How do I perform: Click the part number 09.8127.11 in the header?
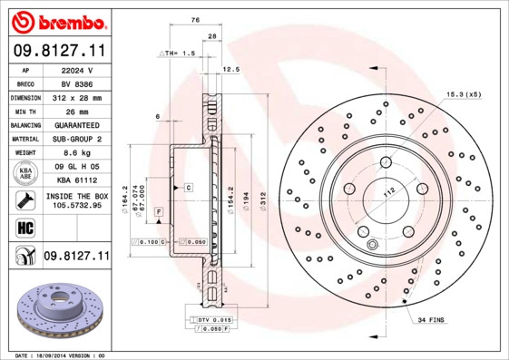click(x=58, y=52)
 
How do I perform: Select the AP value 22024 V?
click(x=76, y=70)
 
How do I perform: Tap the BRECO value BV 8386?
click(x=76, y=83)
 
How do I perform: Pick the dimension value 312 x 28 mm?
click(x=76, y=96)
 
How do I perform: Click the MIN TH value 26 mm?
click(x=76, y=111)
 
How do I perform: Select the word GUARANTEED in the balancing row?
click(x=76, y=124)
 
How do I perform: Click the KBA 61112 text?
click(x=76, y=180)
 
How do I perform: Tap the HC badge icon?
click(x=24, y=228)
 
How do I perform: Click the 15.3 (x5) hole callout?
click(x=461, y=93)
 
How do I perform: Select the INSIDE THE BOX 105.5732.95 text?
click(x=76, y=200)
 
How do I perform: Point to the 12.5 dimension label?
click(x=230, y=69)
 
